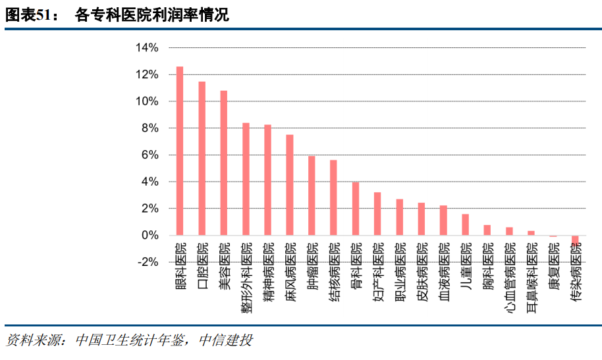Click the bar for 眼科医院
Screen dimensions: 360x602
[180, 151]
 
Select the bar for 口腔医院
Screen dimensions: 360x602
[202, 158]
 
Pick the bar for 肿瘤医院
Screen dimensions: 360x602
[312, 195]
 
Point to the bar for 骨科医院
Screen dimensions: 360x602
[356, 209]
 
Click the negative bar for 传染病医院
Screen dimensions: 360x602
[575, 240]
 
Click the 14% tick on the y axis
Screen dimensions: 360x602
[146, 48]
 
